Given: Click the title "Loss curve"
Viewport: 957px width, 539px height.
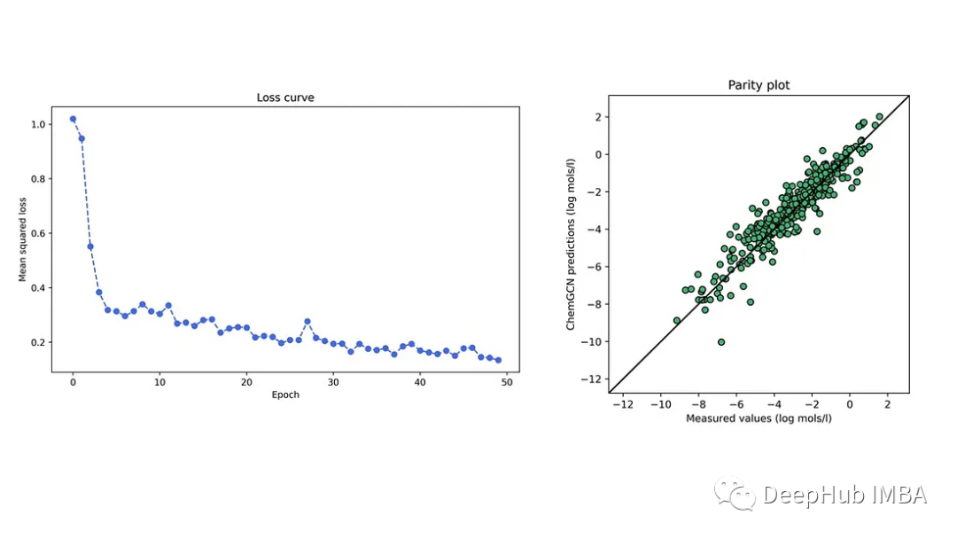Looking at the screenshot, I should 285,98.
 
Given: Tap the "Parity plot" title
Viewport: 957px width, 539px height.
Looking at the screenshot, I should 759,85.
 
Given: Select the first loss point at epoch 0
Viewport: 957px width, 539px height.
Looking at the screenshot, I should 73,119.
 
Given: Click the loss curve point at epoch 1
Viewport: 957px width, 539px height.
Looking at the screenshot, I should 82,138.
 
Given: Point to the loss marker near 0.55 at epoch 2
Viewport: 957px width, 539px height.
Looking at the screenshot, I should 90,246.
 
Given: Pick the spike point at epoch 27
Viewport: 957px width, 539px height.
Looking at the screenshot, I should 307,321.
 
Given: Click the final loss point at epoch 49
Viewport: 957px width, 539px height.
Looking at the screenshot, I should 498,360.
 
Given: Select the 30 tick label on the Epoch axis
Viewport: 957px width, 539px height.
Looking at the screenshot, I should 333,383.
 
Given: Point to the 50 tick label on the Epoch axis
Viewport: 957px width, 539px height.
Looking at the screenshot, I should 507,383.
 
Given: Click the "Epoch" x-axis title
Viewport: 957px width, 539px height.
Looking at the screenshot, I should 285,395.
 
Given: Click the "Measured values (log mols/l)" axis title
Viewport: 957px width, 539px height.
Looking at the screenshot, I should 759,418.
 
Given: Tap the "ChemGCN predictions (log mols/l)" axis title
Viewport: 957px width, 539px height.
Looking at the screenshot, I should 572,244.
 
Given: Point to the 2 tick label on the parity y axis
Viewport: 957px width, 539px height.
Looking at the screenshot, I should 599,117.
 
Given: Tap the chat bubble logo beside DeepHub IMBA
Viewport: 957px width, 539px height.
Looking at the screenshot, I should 735,495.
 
